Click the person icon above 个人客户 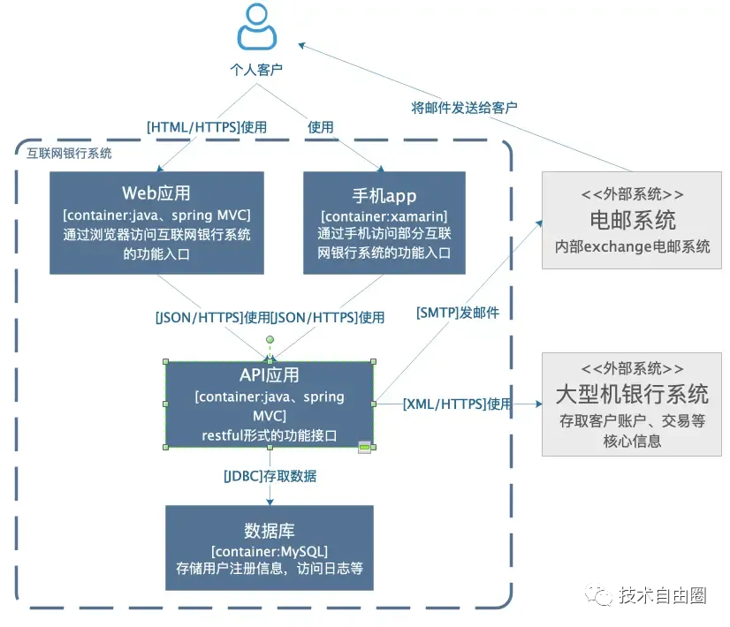click(x=256, y=27)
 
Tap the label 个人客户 click(x=256, y=69)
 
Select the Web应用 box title click(x=156, y=193)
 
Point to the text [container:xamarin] click(x=384, y=216)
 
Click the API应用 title click(x=270, y=375)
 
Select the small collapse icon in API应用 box click(x=363, y=449)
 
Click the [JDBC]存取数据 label click(x=270, y=476)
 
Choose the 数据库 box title click(x=270, y=531)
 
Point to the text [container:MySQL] click(x=270, y=551)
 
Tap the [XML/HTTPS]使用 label click(x=457, y=404)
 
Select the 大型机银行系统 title click(x=632, y=393)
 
